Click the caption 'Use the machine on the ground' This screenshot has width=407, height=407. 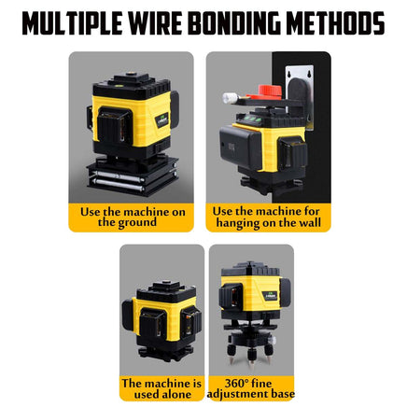coord(132,218)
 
